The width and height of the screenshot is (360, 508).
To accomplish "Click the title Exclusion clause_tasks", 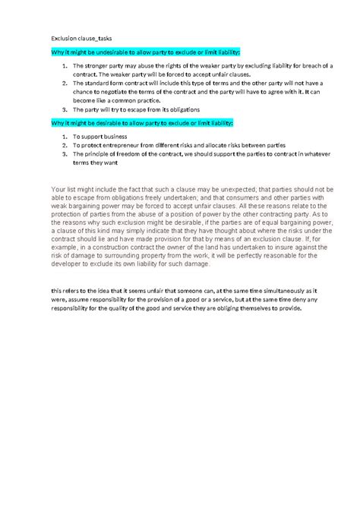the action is pos(77,36).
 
